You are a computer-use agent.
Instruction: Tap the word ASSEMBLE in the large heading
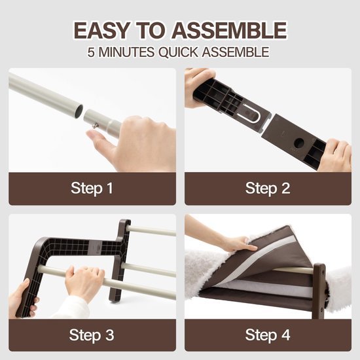pyautogui.click(x=229, y=30)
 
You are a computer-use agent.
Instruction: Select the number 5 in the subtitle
pyautogui.click(x=91, y=52)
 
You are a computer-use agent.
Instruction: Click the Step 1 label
pyautogui.click(x=92, y=189)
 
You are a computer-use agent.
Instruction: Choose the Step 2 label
pyautogui.click(x=268, y=189)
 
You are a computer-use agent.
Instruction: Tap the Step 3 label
pyautogui.click(x=92, y=335)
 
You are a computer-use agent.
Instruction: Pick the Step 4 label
pyautogui.click(x=268, y=335)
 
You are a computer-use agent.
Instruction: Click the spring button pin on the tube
pyautogui.click(x=96, y=126)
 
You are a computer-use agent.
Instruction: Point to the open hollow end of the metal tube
pyautogui.click(x=79, y=110)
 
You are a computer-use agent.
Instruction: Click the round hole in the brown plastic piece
pyautogui.click(x=299, y=143)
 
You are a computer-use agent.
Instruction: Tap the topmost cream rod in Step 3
pyautogui.click(x=153, y=230)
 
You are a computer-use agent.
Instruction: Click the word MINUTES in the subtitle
pyautogui.click(x=126, y=52)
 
